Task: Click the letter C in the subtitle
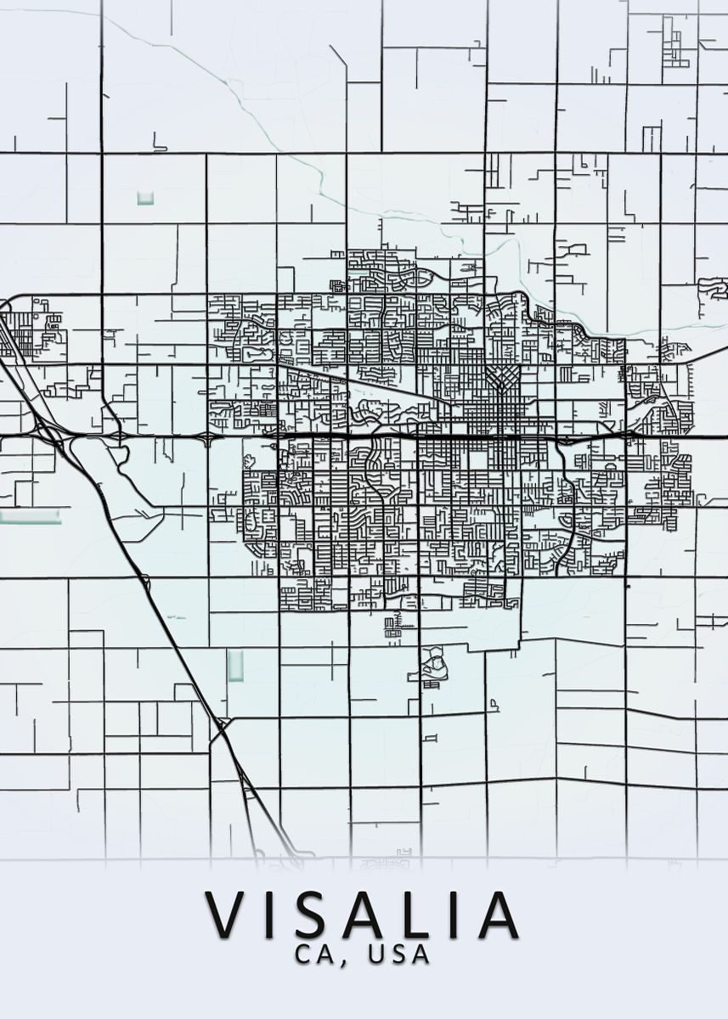pos(303,954)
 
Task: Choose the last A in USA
pos(420,954)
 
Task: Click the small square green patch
pos(144,199)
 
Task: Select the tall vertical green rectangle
pos(235,665)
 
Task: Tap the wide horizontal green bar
pos(31,516)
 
